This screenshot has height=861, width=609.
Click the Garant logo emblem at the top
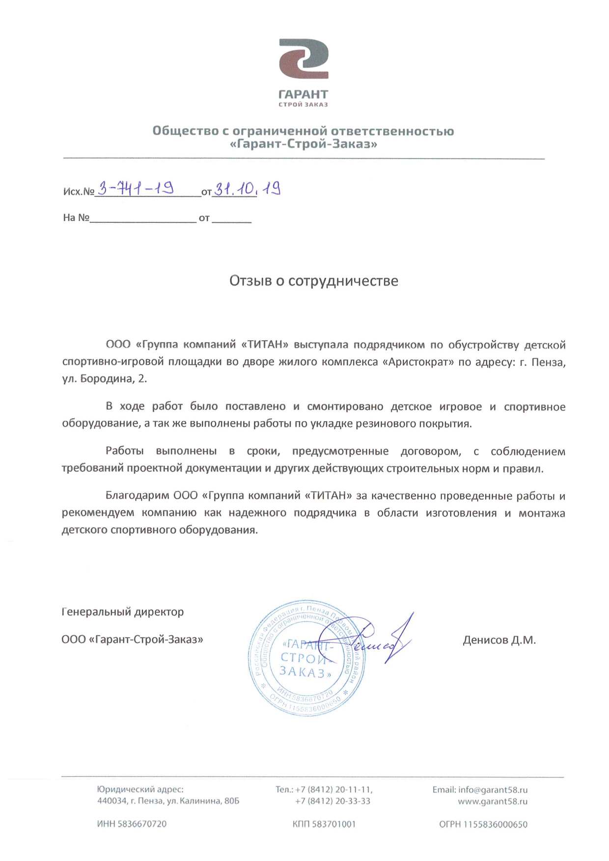(304, 59)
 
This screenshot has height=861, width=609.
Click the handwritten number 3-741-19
(136, 188)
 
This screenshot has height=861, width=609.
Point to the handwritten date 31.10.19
(247, 188)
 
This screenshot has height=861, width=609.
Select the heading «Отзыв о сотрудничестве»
(314, 281)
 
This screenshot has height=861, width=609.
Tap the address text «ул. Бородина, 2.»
(105, 379)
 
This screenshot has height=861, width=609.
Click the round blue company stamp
(306, 658)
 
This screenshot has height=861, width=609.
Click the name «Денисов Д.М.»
(499, 640)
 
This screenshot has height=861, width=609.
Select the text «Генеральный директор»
(123, 612)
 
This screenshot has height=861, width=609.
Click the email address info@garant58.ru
(493, 790)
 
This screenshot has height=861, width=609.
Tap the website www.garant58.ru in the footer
(493, 801)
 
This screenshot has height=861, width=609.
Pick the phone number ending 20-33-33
(332, 801)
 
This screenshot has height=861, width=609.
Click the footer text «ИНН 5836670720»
(132, 824)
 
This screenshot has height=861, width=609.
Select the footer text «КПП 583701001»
(324, 824)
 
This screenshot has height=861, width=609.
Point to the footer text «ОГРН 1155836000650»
(483, 824)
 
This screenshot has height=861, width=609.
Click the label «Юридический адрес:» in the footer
(140, 790)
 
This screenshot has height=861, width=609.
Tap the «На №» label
(76, 217)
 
